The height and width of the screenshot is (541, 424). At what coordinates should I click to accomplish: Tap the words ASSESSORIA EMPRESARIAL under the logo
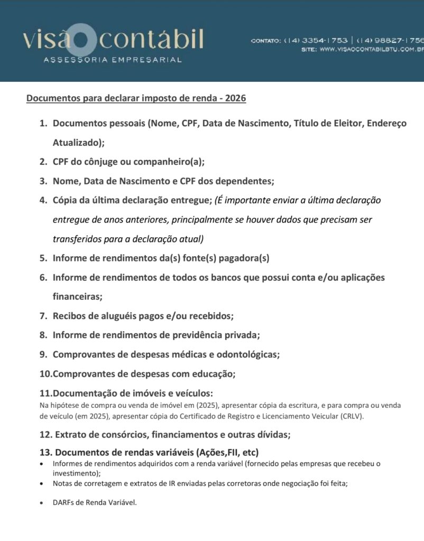point(113,60)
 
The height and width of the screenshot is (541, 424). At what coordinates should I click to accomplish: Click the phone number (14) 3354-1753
point(316,40)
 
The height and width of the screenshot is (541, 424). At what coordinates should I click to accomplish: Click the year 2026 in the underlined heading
point(236,98)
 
